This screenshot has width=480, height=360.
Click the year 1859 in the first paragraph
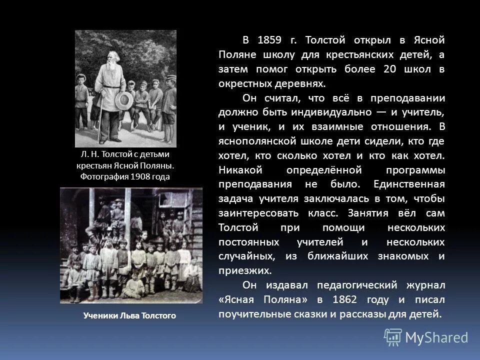[x=270, y=40]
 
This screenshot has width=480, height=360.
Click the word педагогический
[x=365, y=285]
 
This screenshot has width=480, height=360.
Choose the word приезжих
[x=244, y=271]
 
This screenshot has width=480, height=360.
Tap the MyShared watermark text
[x=436, y=338]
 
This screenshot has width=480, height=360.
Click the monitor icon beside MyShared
[x=393, y=337]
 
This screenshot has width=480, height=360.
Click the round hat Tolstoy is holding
[x=124, y=100]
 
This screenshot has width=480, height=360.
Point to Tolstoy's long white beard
[x=109, y=70]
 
